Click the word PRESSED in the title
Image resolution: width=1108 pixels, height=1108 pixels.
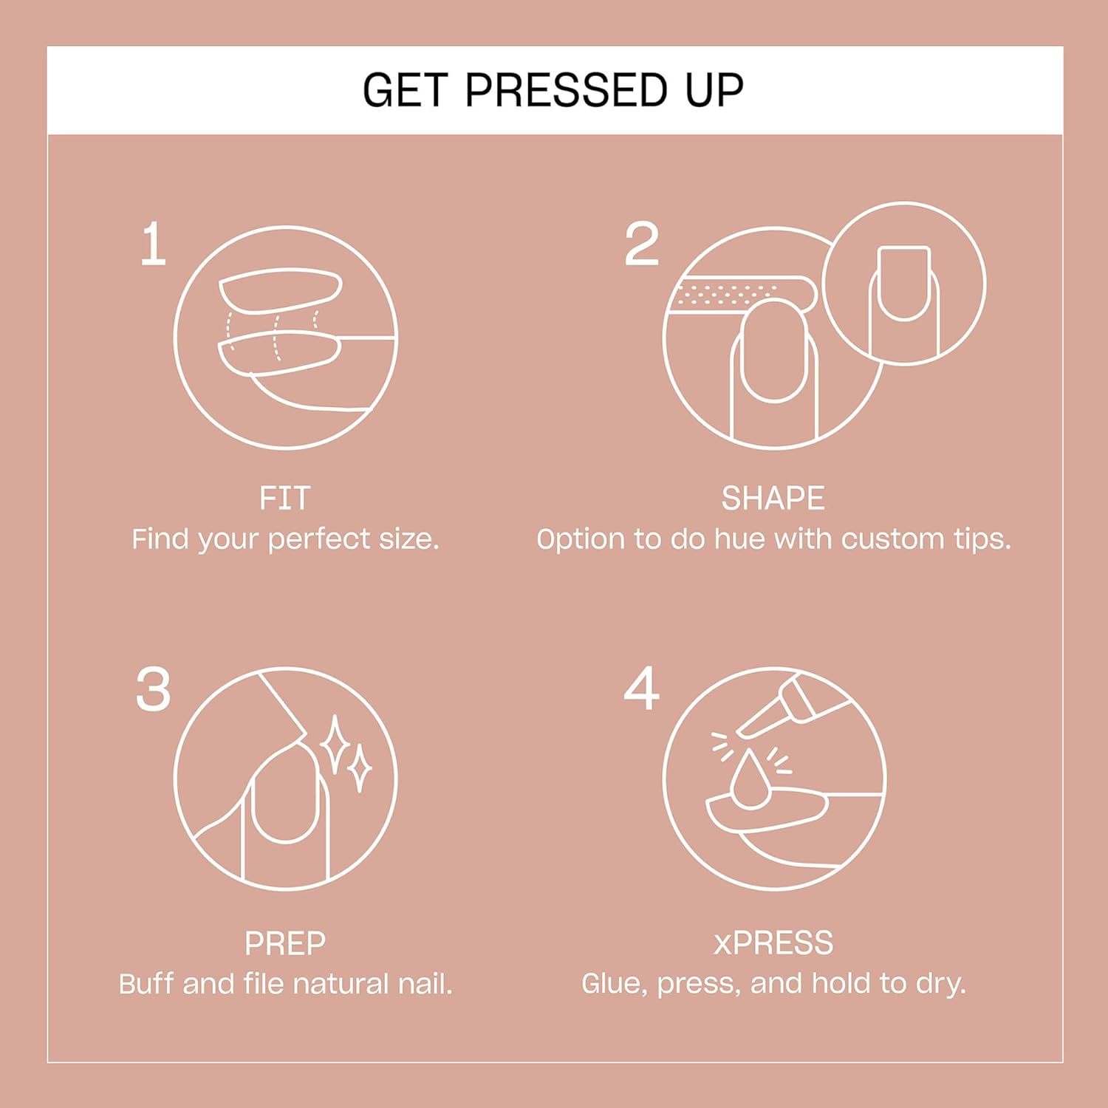tap(566, 90)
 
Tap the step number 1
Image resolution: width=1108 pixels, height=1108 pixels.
tap(153, 244)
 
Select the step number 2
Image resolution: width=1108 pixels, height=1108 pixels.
tap(641, 244)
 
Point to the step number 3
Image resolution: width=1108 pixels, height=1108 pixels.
tap(153, 690)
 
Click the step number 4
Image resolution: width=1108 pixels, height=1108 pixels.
tap(641, 688)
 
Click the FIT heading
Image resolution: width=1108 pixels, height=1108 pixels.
tap(284, 499)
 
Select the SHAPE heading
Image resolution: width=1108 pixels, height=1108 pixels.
tap(773, 499)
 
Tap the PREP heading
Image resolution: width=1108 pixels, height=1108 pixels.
tap(285, 943)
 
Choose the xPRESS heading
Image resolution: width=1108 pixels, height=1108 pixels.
tap(773, 943)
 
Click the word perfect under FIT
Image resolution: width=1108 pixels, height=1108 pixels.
tap(319, 540)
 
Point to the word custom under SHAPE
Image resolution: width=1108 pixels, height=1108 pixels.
tap(893, 539)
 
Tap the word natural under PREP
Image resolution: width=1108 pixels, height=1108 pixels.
tap(341, 984)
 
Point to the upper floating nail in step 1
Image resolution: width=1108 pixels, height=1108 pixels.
tap(281, 290)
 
